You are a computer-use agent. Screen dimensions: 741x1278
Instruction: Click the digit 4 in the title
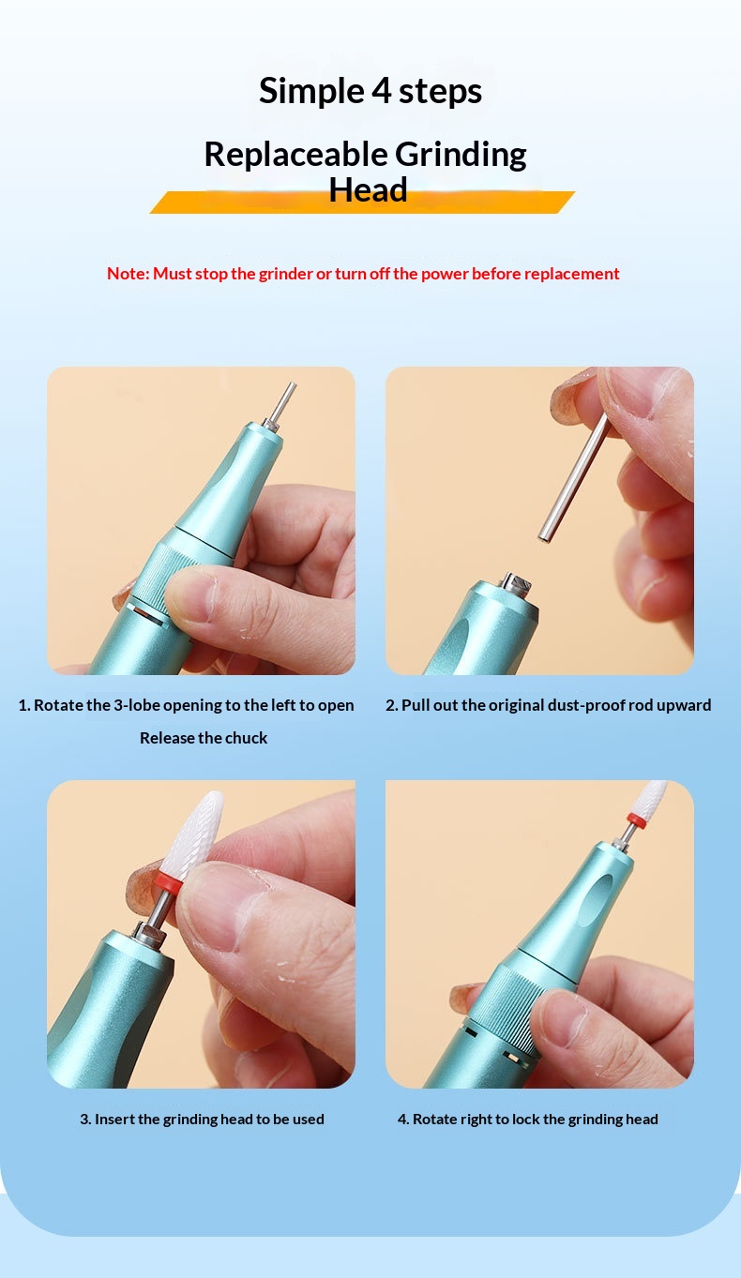click(x=382, y=91)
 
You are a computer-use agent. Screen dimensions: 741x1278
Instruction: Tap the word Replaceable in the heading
click(x=295, y=156)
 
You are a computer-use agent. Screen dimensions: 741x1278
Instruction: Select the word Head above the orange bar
click(x=369, y=190)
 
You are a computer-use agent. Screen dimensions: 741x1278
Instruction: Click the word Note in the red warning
click(x=128, y=274)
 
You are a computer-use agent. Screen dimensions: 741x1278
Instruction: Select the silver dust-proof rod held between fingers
click(x=574, y=478)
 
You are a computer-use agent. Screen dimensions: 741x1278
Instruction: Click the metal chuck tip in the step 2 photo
click(x=516, y=582)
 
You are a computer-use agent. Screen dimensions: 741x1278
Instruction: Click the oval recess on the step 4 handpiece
click(x=596, y=899)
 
